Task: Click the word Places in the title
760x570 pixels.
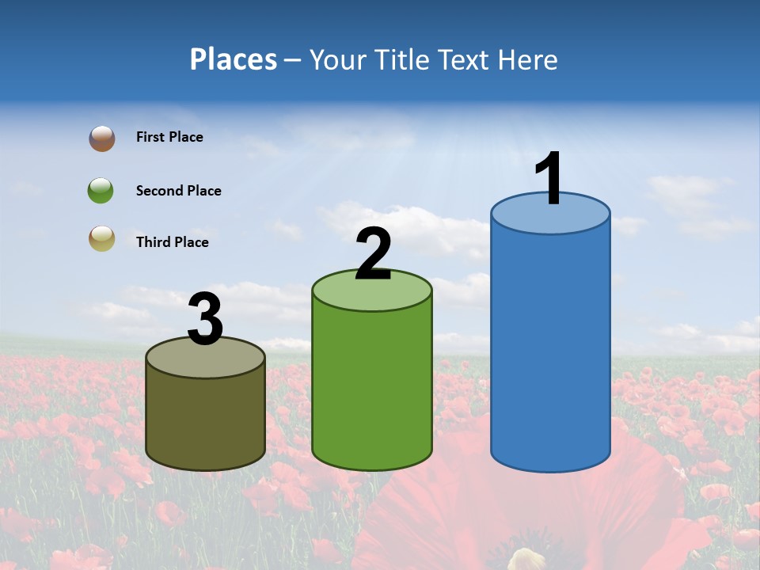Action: pos(234,59)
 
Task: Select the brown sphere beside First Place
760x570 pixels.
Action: pos(101,138)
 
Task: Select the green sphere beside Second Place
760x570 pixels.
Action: pos(101,191)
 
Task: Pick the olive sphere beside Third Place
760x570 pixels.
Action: pos(101,238)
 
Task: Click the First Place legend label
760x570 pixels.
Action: pos(169,137)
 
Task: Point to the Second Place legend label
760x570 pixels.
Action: pos(178,191)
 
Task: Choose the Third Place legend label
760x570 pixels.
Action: pos(172,242)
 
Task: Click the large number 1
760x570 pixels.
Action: pos(549,179)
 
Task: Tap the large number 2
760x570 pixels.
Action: pos(374,254)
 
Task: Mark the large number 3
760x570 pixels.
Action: pos(205,319)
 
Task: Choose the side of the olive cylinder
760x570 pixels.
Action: pos(205,420)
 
